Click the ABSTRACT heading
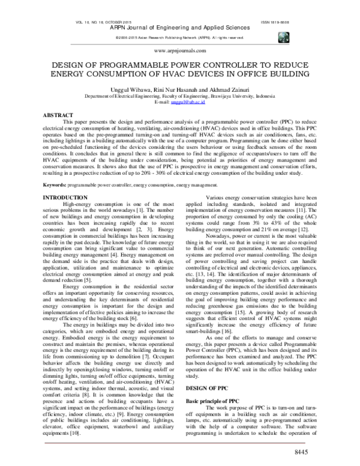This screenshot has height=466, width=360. (x=63, y=113)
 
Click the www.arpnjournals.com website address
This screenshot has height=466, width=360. (x=180, y=52)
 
